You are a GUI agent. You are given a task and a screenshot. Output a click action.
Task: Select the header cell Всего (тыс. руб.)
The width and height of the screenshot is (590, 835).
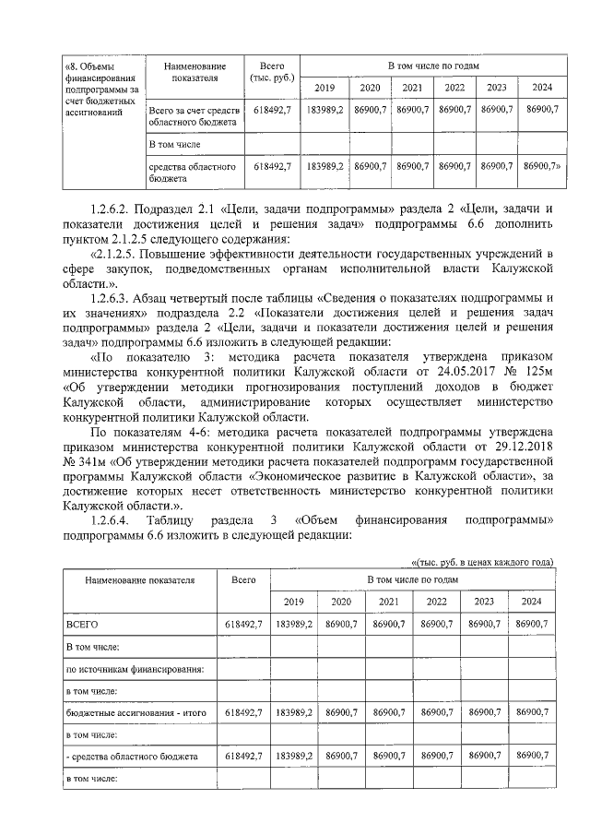pyautogui.click(x=271, y=73)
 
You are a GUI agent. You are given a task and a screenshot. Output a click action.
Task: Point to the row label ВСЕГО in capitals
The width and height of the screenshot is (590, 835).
pyautogui.click(x=82, y=624)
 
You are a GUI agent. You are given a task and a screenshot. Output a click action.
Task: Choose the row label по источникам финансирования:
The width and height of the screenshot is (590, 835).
pyautogui.click(x=135, y=667)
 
